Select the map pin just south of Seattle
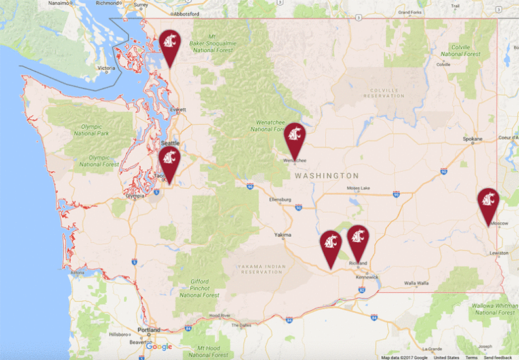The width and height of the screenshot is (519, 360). point(170,161)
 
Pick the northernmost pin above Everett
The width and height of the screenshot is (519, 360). point(170,45)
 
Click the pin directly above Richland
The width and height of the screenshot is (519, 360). point(358,240)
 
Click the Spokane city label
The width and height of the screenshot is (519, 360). point(472,139)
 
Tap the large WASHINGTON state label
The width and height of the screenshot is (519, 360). point(326,176)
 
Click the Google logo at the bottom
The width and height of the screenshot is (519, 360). point(159,346)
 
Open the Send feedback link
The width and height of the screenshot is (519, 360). point(498,357)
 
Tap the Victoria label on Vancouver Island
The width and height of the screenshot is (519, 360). point(106,68)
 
